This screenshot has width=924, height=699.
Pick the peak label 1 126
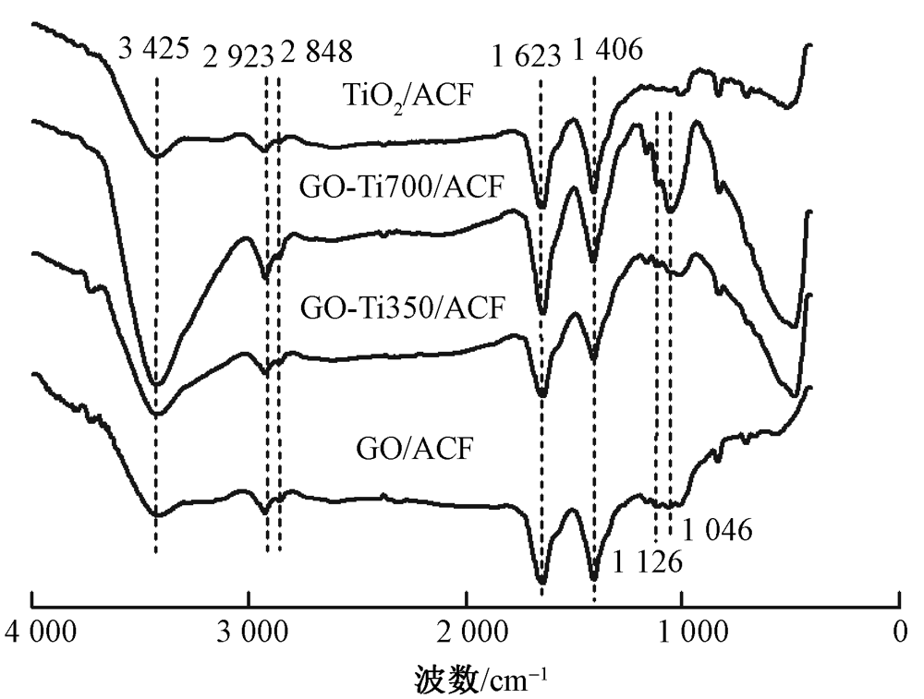click(x=647, y=562)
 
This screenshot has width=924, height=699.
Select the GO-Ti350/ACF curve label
click(x=404, y=307)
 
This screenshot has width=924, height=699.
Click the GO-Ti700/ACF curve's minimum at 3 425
click(x=156, y=384)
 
